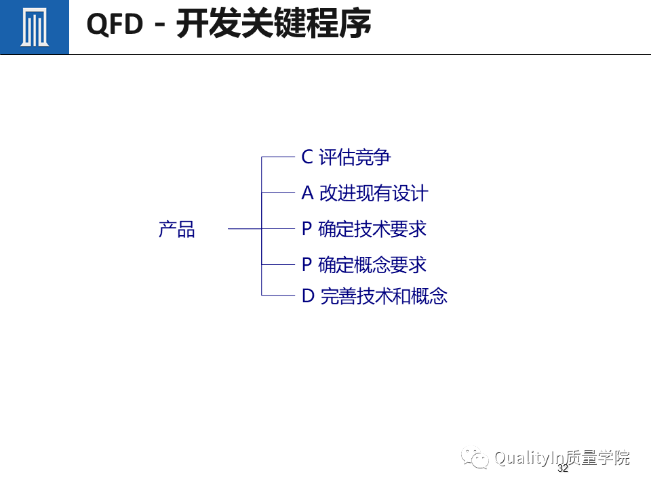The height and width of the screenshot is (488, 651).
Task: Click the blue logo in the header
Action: [34, 27]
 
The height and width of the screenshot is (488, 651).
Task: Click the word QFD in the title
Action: [115, 25]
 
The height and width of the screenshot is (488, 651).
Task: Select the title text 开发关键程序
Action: [274, 25]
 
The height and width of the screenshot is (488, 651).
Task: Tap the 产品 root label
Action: [176, 230]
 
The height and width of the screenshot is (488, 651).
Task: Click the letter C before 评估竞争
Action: [307, 157]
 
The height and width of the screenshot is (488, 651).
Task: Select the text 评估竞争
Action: [355, 157]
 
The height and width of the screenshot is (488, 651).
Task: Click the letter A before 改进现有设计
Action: [307, 193]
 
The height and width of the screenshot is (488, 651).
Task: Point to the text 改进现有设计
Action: [374, 193]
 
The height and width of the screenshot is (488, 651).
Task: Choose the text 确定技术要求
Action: [372, 229]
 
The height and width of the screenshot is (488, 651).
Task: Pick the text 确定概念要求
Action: [372, 264]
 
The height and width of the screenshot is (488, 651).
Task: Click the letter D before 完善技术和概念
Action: [308, 296]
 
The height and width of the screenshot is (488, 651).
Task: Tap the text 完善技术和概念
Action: [384, 296]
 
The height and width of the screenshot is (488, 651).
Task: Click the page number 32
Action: [562, 469]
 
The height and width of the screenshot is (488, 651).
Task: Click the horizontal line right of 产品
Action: [244, 229]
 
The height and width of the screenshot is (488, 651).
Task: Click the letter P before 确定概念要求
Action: [307, 264]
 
